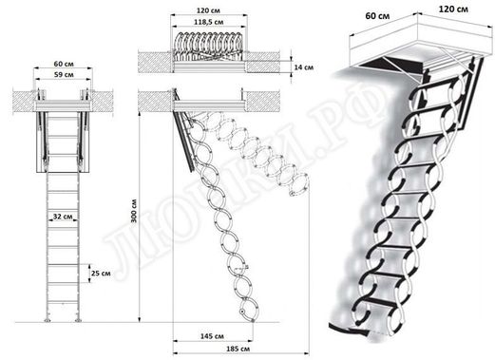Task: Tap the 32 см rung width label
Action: (64, 218)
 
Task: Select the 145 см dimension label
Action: (212, 337)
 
